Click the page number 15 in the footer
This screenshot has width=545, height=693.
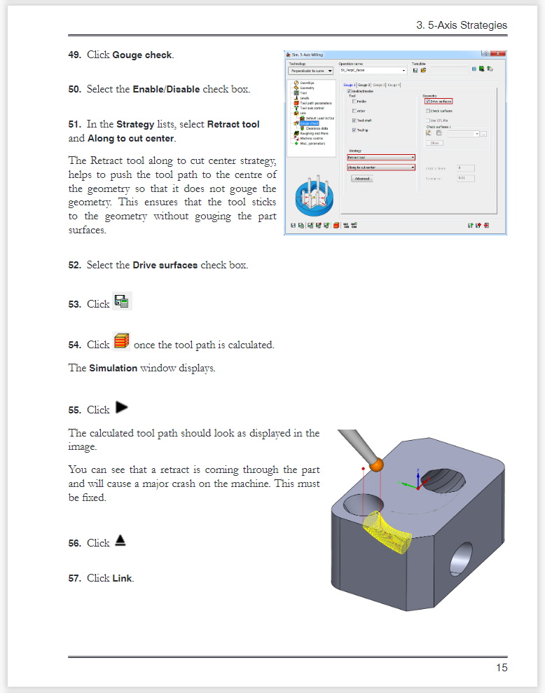point(502,667)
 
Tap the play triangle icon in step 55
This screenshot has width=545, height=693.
point(122,407)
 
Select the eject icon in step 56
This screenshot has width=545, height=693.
point(120,541)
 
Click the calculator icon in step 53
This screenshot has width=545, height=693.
point(122,302)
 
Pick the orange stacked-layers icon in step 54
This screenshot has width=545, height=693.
point(121,342)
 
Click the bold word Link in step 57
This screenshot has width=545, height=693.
point(123,578)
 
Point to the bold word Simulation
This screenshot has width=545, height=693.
point(113,368)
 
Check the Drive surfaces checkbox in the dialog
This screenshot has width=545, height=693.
point(427,102)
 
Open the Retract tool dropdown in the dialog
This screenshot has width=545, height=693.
point(381,158)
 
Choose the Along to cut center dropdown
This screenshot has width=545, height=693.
point(381,167)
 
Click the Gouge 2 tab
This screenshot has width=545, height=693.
point(364,85)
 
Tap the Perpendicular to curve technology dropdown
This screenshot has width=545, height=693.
point(310,71)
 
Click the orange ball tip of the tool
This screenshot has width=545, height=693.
point(377,463)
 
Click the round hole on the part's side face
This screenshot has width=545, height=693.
point(462,558)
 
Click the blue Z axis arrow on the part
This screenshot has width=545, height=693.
point(418,474)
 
